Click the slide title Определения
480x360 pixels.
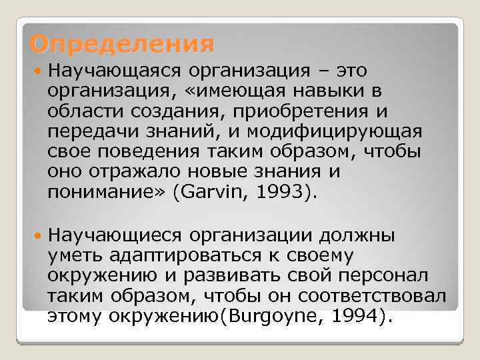(x=122, y=45)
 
